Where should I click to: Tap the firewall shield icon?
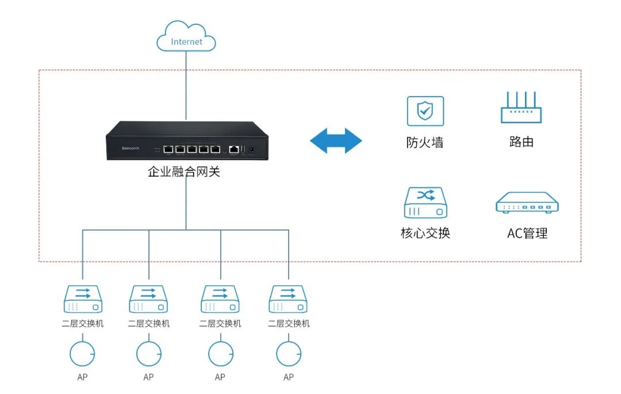[425, 111]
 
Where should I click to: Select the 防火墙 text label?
[425, 142]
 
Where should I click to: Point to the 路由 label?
[521, 142]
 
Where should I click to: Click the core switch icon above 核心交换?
[425, 202]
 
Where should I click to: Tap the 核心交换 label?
[425, 233]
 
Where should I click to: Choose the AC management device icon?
[527, 202]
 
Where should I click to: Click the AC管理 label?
[527, 234]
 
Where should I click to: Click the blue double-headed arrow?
[336, 140]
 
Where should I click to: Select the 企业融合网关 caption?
[184, 171]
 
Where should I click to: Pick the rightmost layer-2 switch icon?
[289, 300]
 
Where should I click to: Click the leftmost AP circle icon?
[82, 354]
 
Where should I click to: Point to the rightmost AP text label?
[289, 377]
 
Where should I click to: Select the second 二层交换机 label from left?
[149, 324]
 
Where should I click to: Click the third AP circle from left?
[221, 354]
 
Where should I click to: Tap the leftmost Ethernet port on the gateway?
[168, 149]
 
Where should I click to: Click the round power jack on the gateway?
[251, 150]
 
